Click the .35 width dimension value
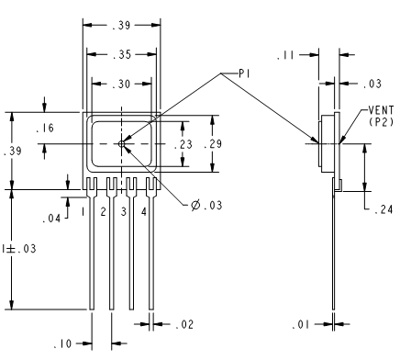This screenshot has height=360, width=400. click(x=121, y=55)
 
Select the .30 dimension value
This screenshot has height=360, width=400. click(x=121, y=84)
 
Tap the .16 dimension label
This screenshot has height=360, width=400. click(x=45, y=128)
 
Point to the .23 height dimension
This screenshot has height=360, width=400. click(x=183, y=144)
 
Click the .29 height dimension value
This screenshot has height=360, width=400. click(x=213, y=143)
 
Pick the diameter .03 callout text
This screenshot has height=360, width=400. click(x=206, y=205)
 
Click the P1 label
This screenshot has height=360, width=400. click(x=245, y=73)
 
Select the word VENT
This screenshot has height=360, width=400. click(x=381, y=110)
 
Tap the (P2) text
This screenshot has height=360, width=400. click(x=381, y=122)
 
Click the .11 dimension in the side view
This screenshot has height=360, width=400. click(x=285, y=56)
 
